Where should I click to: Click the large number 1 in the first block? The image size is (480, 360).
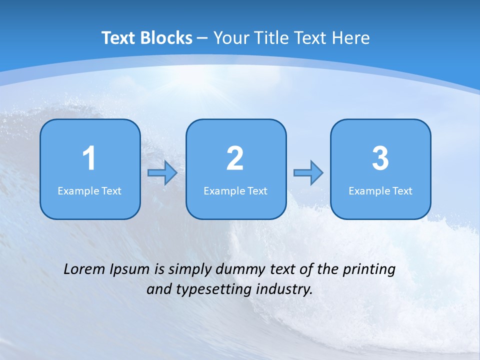(89, 158)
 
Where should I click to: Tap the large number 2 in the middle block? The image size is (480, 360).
(235, 158)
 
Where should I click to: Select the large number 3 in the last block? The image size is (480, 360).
(380, 158)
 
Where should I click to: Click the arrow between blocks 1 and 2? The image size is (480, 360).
(162, 173)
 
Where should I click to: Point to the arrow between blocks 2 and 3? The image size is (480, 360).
(308, 173)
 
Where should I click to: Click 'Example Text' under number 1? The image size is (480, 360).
(89, 190)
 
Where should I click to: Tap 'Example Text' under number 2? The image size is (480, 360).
(235, 190)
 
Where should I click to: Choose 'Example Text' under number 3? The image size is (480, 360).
(380, 190)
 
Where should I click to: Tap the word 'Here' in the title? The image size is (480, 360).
(352, 38)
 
